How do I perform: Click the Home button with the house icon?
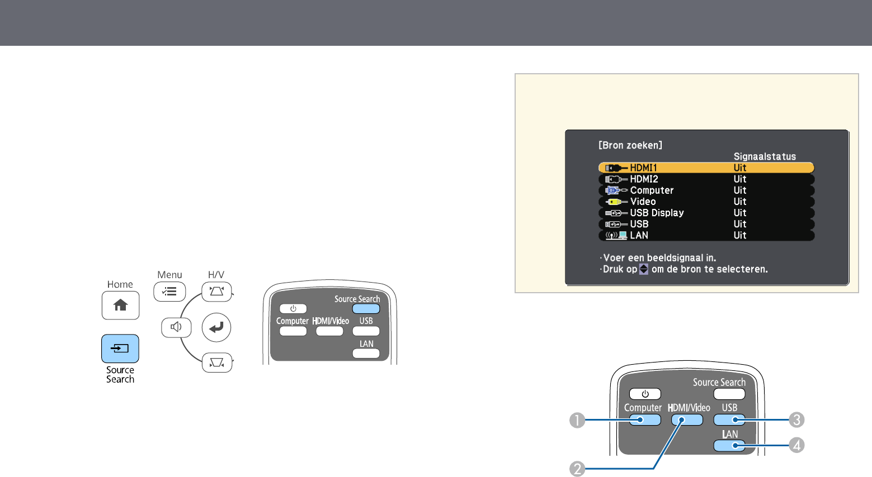pyautogui.click(x=120, y=305)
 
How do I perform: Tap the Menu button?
pyautogui.click(x=169, y=292)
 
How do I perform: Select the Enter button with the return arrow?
pyautogui.click(x=216, y=327)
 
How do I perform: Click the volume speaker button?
pyautogui.click(x=176, y=327)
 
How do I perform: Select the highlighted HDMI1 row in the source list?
pyautogui.click(x=706, y=168)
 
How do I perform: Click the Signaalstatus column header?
pyautogui.click(x=765, y=156)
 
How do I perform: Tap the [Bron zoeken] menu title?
pyautogui.click(x=630, y=145)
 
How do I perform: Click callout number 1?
pyautogui.click(x=577, y=420)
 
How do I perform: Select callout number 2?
pyautogui.click(x=577, y=469)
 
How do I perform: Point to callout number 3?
pyautogui.click(x=796, y=420)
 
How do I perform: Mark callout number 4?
pyautogui.click(x=796, y=446)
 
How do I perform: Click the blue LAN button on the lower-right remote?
pyautogui.click(x=729, y=446)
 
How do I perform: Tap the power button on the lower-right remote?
pyautogui.click(x=645, y=394)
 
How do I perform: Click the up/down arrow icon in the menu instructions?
pyautogui.click(x=644, y=269)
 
